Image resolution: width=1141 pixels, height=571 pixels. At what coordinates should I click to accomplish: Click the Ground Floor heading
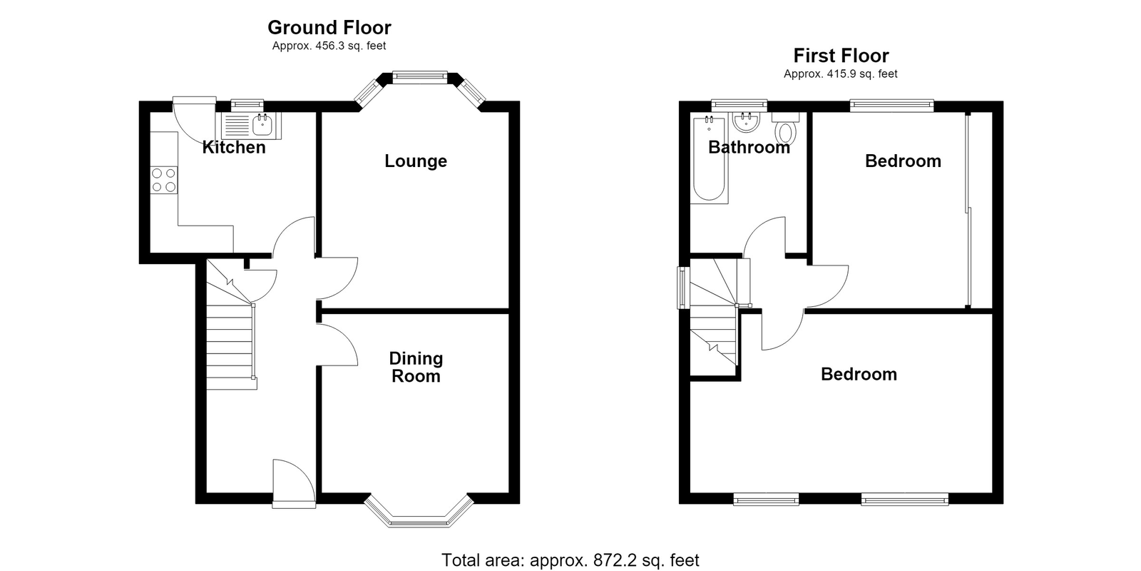tap(329, 28)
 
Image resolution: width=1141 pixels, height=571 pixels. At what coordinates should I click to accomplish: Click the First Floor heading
tap(841, 56)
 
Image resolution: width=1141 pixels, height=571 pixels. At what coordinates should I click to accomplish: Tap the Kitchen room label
tap(234, 147)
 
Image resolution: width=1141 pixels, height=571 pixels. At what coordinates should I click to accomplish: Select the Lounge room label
tap(416, 161)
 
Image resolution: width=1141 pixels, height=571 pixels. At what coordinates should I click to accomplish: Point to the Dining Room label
tap(416, 367)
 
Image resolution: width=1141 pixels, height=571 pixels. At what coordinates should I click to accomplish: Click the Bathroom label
tap(749, 147)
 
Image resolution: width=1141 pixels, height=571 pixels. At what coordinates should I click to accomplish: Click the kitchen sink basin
tap(262, 124)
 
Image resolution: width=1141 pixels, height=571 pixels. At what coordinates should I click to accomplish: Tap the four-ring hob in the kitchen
tap(164, 180)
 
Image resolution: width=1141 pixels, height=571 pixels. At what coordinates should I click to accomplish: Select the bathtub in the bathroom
tap(709, 158)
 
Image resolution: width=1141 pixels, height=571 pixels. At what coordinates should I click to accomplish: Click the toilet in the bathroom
tap(786, 128)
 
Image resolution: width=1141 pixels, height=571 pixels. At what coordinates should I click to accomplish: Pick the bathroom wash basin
tap(747, 122)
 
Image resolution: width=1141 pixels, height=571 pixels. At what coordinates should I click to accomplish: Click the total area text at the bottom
tap(570, 560)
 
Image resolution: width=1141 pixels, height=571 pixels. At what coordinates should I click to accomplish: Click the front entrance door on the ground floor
tap(294, 482)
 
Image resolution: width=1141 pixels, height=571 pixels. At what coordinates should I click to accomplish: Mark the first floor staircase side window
tap(681, 288)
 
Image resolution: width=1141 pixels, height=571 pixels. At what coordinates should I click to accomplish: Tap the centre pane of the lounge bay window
tap(420, 77)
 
